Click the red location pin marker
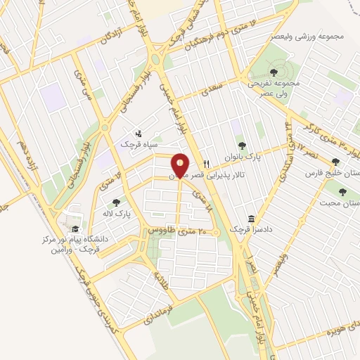pos(180,165)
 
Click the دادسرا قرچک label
pos(258,229)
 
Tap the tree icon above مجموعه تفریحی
pos(274,70)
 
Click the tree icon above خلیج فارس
pos(335,161)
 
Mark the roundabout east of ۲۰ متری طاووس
pos(218,233)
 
